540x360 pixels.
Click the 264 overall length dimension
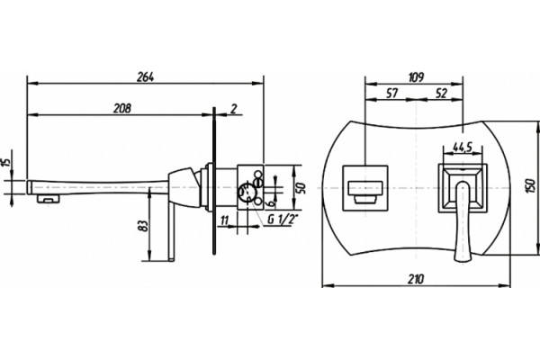[x=145, y=77]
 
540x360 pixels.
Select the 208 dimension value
[x=122, y=108]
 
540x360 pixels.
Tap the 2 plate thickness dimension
[x=234, y=109]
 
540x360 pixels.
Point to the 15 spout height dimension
[x=5, y=162]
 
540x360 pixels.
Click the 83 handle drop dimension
[x=144, y=226]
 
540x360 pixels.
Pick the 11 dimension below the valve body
[x=224, y=220]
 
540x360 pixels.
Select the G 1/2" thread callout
[x=283, y=219]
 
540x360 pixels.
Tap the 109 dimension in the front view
[x=416, y=77]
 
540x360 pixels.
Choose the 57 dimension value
[x=391, y=93]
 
